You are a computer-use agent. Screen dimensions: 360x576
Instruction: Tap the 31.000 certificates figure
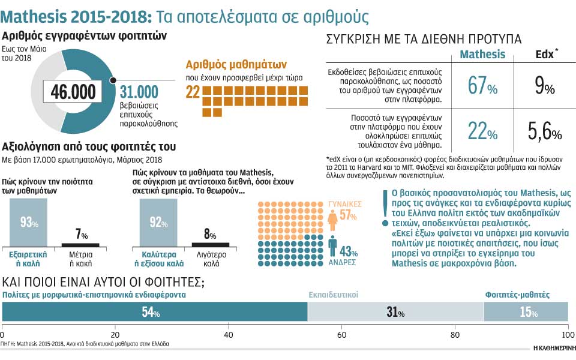tap(139, 91)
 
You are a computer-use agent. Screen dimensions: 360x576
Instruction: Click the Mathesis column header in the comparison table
tap(482, 54)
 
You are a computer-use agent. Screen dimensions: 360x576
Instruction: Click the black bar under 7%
tap(80, 244)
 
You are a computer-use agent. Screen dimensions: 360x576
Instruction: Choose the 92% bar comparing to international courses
tap(159, 223)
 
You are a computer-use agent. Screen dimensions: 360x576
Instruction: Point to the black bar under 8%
tap(210, 244)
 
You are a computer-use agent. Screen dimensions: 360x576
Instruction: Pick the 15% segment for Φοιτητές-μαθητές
tap(526, 312)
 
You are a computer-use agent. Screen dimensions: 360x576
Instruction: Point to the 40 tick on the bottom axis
tap(229, 334)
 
